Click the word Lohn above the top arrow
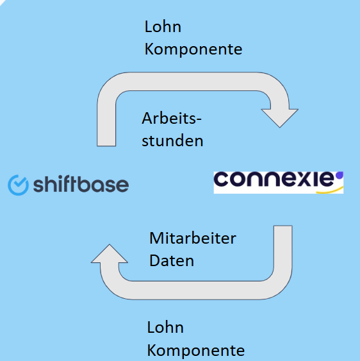[x=163, y=27]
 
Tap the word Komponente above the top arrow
[x=193, y=49]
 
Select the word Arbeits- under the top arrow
[x=172, y=119]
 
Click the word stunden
[x=172, y=140]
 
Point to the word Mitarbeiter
[x=193, y=238]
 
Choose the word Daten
[x=172, y=260]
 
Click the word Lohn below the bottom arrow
[x=165, y=328]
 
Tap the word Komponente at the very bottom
[x=196, y=350]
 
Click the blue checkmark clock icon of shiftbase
[x=18, y=185]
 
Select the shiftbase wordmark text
[x=81, y=185]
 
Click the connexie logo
[x=279, y=183]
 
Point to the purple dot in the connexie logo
[x=340, y=176]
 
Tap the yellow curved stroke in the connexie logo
[x=330, y=190]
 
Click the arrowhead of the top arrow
[x=280, y=118]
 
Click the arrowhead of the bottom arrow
[x=110, y=253]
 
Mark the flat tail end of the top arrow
[x=106, y=146]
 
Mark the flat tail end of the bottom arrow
[x=283, y=226]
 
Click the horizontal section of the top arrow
[x=193, y=81]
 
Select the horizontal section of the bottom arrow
[x=195, y=290]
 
